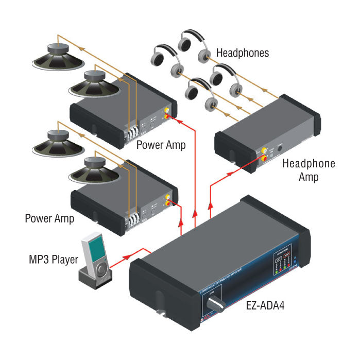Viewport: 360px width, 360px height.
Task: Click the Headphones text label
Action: (x=242, y=53)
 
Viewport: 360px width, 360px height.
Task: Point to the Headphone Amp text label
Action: (x=309, y=170)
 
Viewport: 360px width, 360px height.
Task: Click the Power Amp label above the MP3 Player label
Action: (x=49, y=218)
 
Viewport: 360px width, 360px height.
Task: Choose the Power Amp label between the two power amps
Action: (x=161, y=146)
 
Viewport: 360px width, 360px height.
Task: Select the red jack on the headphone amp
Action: (x=265, y=157)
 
